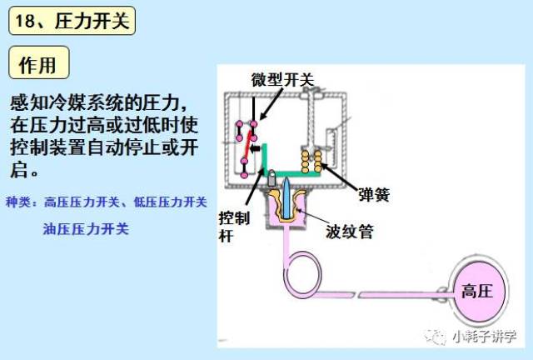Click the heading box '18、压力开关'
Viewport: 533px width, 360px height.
[72, 21]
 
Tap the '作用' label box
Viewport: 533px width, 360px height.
[39, 63]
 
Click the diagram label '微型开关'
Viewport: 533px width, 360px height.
[283, 80]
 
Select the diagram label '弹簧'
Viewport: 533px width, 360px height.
[374, 195]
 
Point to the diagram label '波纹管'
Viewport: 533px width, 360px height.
[350, 232]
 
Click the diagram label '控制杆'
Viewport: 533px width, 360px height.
[234, 227]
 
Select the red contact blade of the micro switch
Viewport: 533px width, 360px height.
[248, 147]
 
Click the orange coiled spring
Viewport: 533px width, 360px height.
[311, 161]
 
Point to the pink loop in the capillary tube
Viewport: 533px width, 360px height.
[302, 272]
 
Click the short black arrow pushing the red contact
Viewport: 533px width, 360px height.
[255, 148]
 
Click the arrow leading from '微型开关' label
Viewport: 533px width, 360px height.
[271, 104]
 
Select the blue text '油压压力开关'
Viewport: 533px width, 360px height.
[86, 228]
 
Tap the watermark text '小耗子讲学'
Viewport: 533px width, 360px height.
[485, 337]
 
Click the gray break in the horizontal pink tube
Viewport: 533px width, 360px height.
[357, 295]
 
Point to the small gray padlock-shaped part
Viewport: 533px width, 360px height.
[272, 178]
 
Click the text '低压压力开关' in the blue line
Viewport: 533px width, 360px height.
[170, 202]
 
